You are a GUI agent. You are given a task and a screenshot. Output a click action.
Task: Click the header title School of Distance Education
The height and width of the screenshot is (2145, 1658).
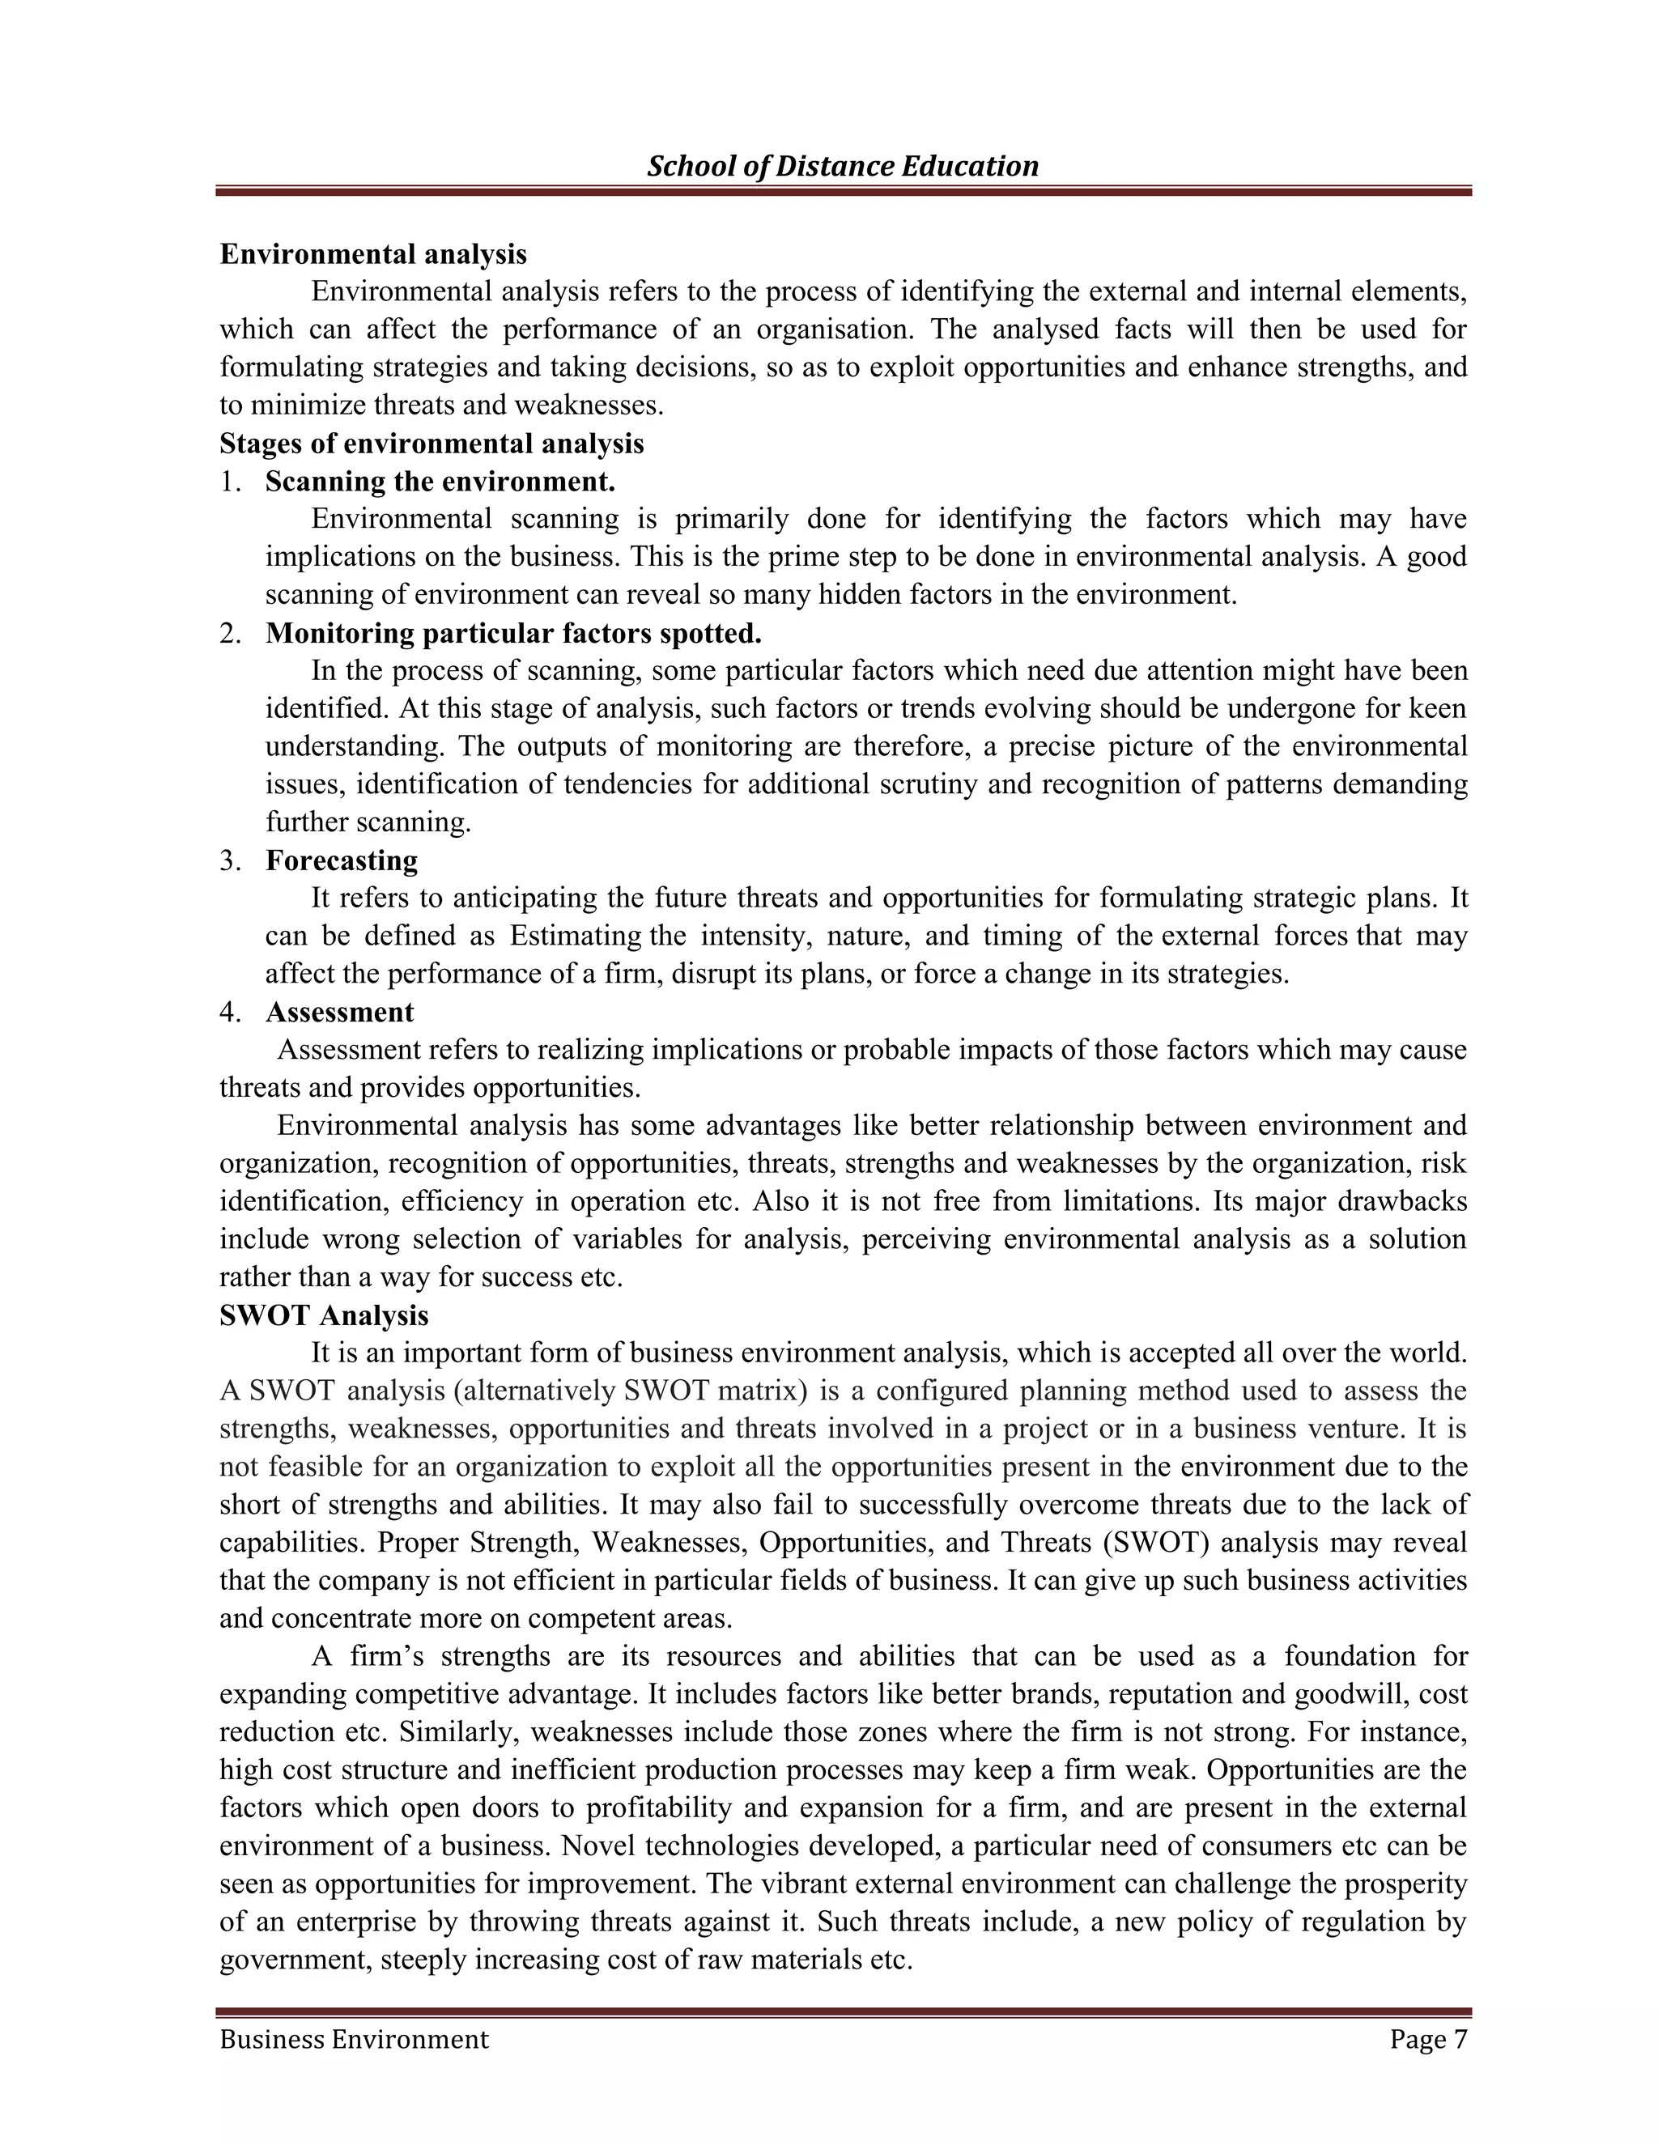842,166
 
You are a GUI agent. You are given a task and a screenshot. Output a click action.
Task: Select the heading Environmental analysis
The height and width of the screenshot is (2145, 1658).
373,254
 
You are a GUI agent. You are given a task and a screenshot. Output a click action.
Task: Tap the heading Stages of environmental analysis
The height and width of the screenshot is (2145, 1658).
432,444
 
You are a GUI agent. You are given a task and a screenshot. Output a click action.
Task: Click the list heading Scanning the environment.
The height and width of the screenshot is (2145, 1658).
440,482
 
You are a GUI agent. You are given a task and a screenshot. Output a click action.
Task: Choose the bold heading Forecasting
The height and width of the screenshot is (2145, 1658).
341,860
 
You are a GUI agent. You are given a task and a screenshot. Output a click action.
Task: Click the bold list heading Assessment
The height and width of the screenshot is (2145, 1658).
340,1012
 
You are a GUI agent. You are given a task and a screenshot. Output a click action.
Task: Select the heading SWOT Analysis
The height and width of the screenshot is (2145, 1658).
324,1315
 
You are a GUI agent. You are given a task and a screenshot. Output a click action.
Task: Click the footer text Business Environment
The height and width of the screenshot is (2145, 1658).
354,2039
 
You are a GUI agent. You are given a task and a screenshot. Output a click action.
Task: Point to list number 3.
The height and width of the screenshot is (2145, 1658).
230,860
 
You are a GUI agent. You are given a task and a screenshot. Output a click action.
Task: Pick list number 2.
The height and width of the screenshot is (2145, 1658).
230,634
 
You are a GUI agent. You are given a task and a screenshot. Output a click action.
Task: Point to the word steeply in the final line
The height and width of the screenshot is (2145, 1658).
423,1960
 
